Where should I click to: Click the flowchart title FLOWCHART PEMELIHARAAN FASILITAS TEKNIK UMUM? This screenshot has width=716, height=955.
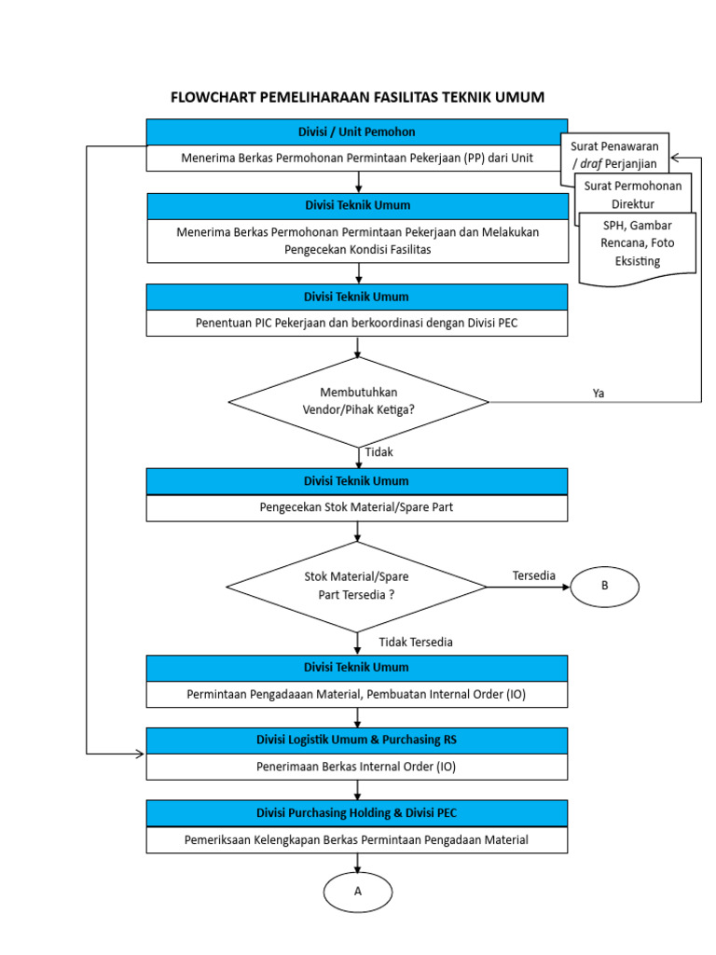(x=357, y=97)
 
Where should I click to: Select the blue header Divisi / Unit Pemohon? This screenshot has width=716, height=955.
(x=357, y=131)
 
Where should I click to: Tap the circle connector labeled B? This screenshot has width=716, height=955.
(x=604, y=586)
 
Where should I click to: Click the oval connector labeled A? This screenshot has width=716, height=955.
(x=357, y=892)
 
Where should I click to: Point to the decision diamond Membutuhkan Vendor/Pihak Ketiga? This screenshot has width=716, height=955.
(x=359, y=401)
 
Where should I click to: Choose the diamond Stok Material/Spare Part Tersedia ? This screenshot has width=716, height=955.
(x=357, y=587)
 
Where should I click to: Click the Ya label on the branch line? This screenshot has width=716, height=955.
(x=599, y=393)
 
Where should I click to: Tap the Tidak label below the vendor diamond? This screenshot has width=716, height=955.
(x=379, y=452)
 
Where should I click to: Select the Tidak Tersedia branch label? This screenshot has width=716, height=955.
(x=416, y=642)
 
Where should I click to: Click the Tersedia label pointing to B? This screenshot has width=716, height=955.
(x=533, y=575)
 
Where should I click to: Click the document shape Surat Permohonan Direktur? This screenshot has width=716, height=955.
(x=633, y=194)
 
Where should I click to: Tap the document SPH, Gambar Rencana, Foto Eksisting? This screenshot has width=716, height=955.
(x=637, y=243)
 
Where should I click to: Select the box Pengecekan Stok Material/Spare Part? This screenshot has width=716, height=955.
(x=357, y=508)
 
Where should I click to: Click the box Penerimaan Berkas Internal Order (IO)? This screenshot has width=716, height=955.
(x=357, y=767)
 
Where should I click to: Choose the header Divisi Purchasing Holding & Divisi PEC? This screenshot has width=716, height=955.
(x=357, y=813)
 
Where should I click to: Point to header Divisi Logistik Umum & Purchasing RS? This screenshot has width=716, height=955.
(x=357, y=740)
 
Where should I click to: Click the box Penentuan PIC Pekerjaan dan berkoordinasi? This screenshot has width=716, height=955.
(x=357, y=323)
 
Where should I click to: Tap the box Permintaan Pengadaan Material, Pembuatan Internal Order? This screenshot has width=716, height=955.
(x=357, y=695)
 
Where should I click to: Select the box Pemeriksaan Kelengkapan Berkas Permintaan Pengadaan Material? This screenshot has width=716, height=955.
(x=357, y=839)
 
